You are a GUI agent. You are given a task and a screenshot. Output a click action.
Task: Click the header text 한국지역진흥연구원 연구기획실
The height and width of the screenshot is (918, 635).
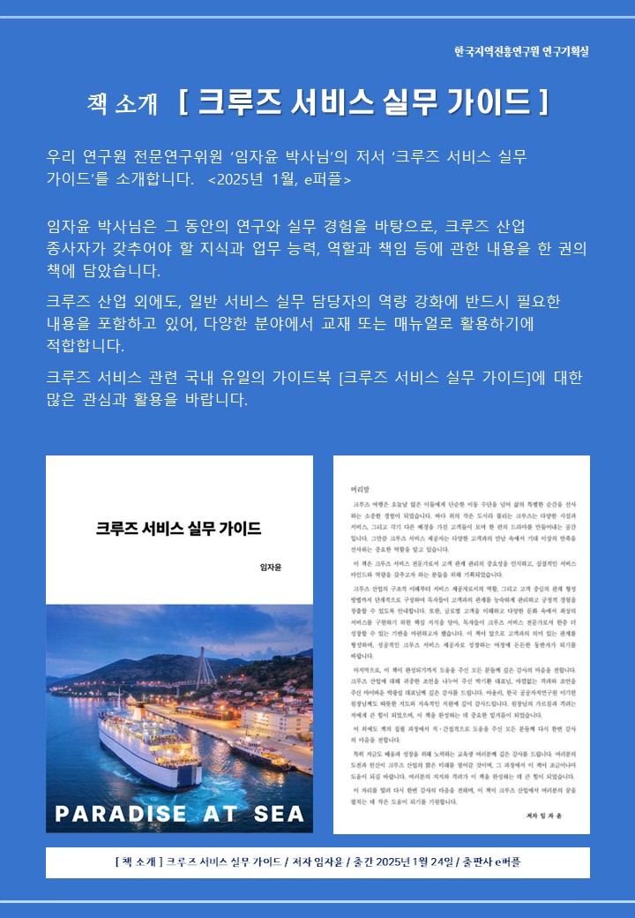[521, 51]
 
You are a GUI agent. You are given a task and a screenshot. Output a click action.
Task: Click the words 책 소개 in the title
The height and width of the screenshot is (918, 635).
[123, 103]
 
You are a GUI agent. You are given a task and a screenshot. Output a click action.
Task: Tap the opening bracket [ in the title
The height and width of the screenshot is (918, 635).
[183, 102]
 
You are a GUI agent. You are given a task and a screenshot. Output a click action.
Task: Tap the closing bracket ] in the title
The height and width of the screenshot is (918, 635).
[544, 102]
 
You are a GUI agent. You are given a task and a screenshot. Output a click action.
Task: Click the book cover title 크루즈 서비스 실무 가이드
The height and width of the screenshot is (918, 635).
[179, 529]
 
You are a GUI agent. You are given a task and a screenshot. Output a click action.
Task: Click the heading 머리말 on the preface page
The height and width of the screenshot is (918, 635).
[362, 486]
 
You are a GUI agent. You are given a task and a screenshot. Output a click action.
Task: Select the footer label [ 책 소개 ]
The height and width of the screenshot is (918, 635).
[138, 862]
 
